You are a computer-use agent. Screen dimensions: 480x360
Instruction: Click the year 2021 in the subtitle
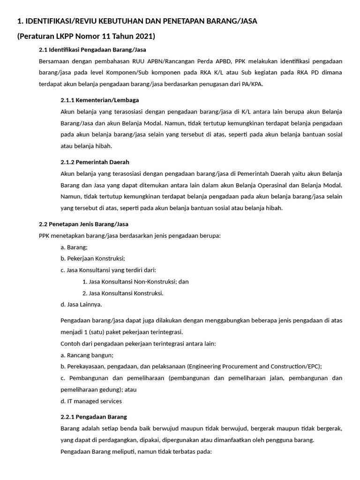tap(144, 36)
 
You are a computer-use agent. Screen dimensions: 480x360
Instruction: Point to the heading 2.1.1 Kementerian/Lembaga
tap(99, 100)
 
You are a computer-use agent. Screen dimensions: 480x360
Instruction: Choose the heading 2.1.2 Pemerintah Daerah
tap(95, 162)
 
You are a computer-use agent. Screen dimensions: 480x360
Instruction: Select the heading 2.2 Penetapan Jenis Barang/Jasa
tap(83, 224)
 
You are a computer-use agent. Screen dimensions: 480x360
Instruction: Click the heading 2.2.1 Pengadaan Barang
tap(94, 416)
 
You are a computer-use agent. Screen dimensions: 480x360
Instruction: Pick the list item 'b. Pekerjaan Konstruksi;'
tap(93, 258)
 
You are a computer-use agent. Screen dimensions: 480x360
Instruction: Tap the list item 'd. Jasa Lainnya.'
tap(81, 304)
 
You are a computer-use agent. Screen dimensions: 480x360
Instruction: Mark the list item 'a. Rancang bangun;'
tap(87, 355)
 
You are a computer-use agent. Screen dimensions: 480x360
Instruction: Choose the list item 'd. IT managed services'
tap(91, 401)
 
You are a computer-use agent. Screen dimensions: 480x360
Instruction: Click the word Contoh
tap(71, 343)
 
